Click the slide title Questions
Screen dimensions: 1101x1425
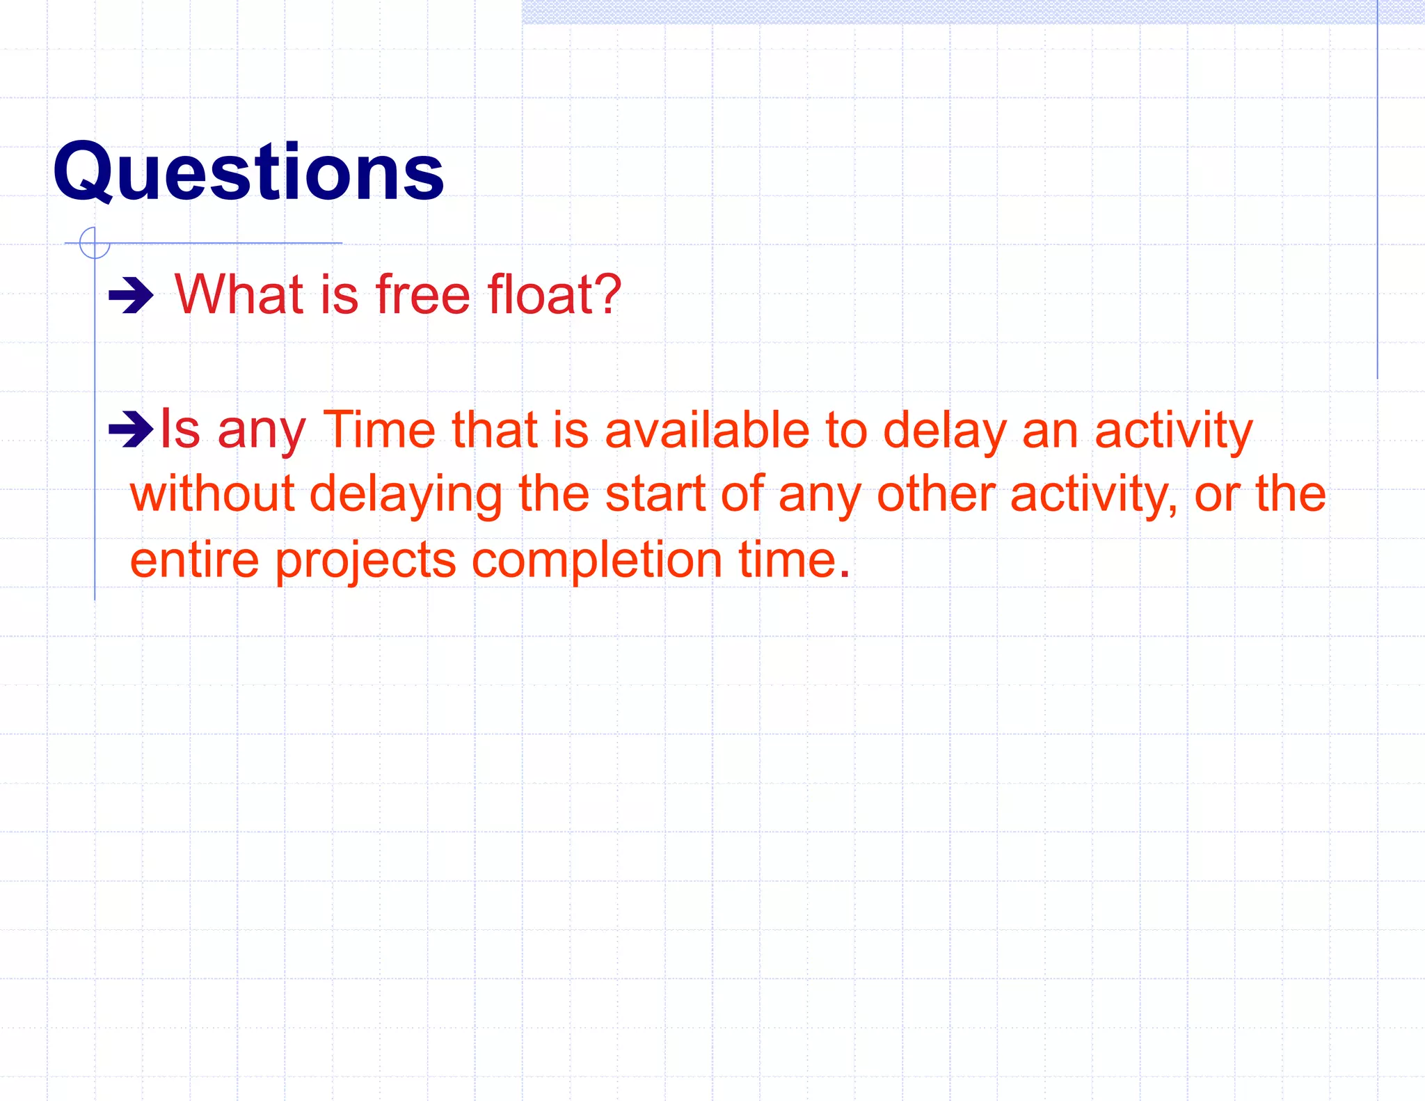[x=248, y=172]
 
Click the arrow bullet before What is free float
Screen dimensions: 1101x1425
[x=131, y=296]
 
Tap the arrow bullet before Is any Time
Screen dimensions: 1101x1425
[x=131, y=429]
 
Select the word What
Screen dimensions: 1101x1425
[x=239, y=294]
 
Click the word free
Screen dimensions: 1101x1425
[x=423, y=294]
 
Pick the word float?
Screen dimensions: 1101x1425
[x=554, y=294]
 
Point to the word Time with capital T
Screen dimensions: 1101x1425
[x=379, y=429]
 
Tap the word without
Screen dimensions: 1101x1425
[x=212, y=494]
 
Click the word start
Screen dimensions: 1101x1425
[x=655, y=494]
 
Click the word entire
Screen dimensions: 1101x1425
[x=194, y=560]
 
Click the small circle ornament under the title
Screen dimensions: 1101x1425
[x=95, y=243]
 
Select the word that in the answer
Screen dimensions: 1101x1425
[x=495, y=429]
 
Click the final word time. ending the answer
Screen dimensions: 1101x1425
[x=795, y=560]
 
